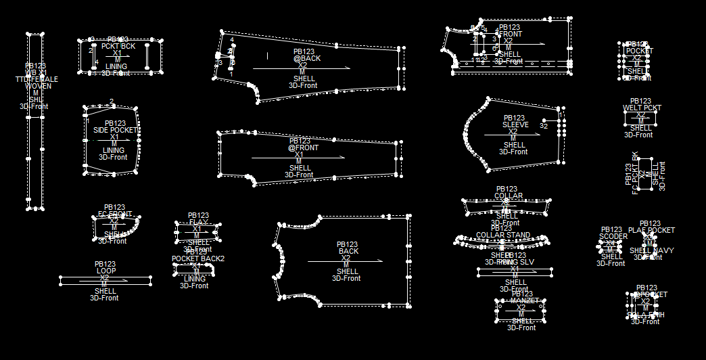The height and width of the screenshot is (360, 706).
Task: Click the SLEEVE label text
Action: (x=515, y=125)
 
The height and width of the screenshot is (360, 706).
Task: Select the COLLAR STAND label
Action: (x=502, y=235)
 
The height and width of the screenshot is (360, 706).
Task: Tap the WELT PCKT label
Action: (x=642, y=108)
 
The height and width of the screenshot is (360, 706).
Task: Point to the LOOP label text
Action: (x=105, y=271)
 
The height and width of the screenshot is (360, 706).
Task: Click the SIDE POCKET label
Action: (x=115, y=130)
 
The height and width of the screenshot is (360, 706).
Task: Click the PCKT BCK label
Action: (x=118, y=47)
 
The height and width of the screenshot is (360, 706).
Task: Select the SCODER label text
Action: (x=613, y=237)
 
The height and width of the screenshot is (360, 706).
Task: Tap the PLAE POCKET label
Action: (x=651, y=231)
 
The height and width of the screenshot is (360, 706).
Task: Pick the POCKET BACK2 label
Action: (x=197, y=258)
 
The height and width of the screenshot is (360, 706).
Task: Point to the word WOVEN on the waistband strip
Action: (x=38, y=86)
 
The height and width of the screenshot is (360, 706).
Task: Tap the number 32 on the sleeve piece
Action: (x=544, y=126)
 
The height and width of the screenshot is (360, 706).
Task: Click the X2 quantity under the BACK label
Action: (x=346, y=258)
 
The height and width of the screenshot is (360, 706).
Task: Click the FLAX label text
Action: (x=199, y=222)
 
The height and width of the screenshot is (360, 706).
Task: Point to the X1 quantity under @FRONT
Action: (x=299, y=154)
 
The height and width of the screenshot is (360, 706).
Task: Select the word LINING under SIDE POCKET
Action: (x=114, y=150)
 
